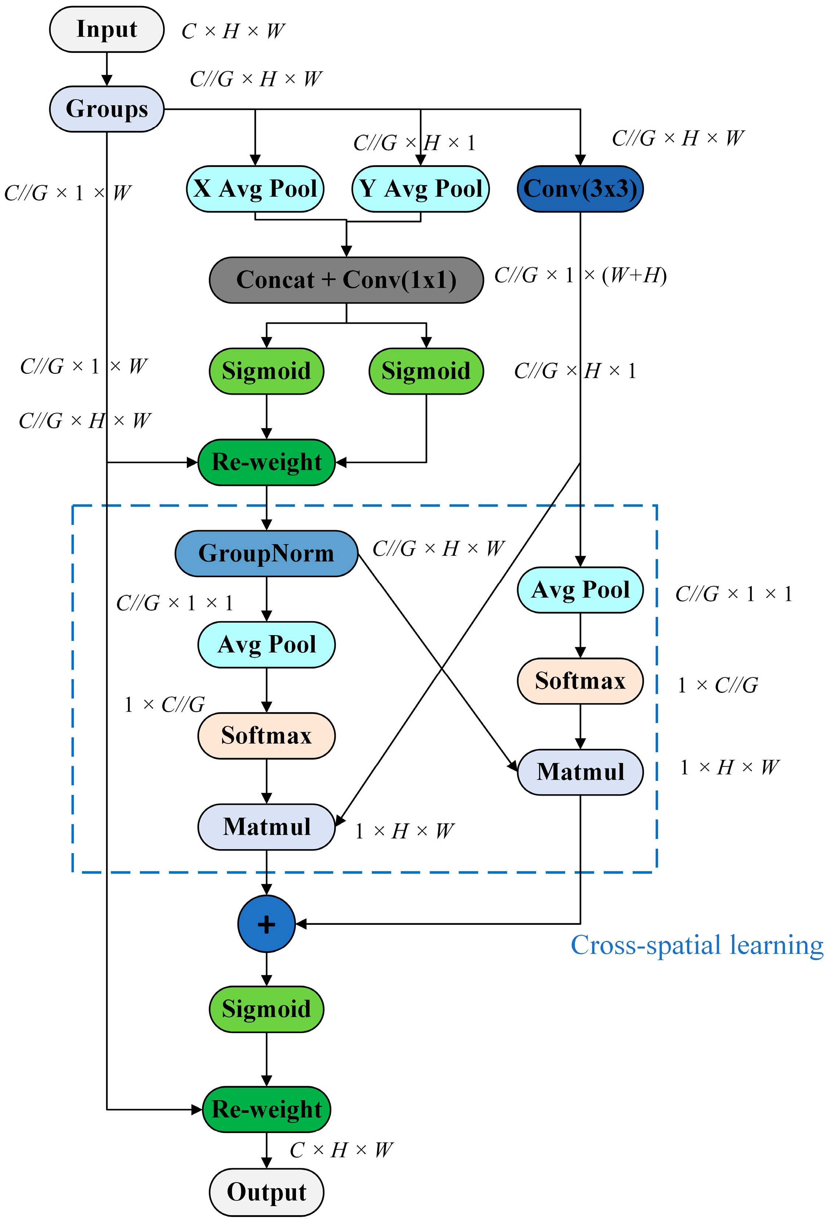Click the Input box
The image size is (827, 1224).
(106, 29)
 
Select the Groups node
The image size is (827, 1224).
(106, 109)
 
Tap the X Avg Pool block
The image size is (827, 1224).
(255, 189)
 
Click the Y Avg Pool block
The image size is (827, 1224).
(420, 189)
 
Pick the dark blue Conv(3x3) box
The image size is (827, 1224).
(580, 189)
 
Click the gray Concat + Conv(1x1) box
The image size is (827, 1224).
(346, 280)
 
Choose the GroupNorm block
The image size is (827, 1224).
(267, 554)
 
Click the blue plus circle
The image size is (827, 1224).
(267, 924)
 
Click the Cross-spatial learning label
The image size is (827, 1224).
(697, 945)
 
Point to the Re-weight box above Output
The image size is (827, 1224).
(267, 1109)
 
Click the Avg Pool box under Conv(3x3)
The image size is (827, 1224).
(580, 590)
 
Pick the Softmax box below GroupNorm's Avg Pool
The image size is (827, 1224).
(267, 736)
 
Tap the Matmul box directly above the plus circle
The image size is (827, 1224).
(267, 827)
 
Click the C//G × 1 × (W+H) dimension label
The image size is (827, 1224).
(580, 275)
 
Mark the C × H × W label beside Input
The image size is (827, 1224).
(233, 32)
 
